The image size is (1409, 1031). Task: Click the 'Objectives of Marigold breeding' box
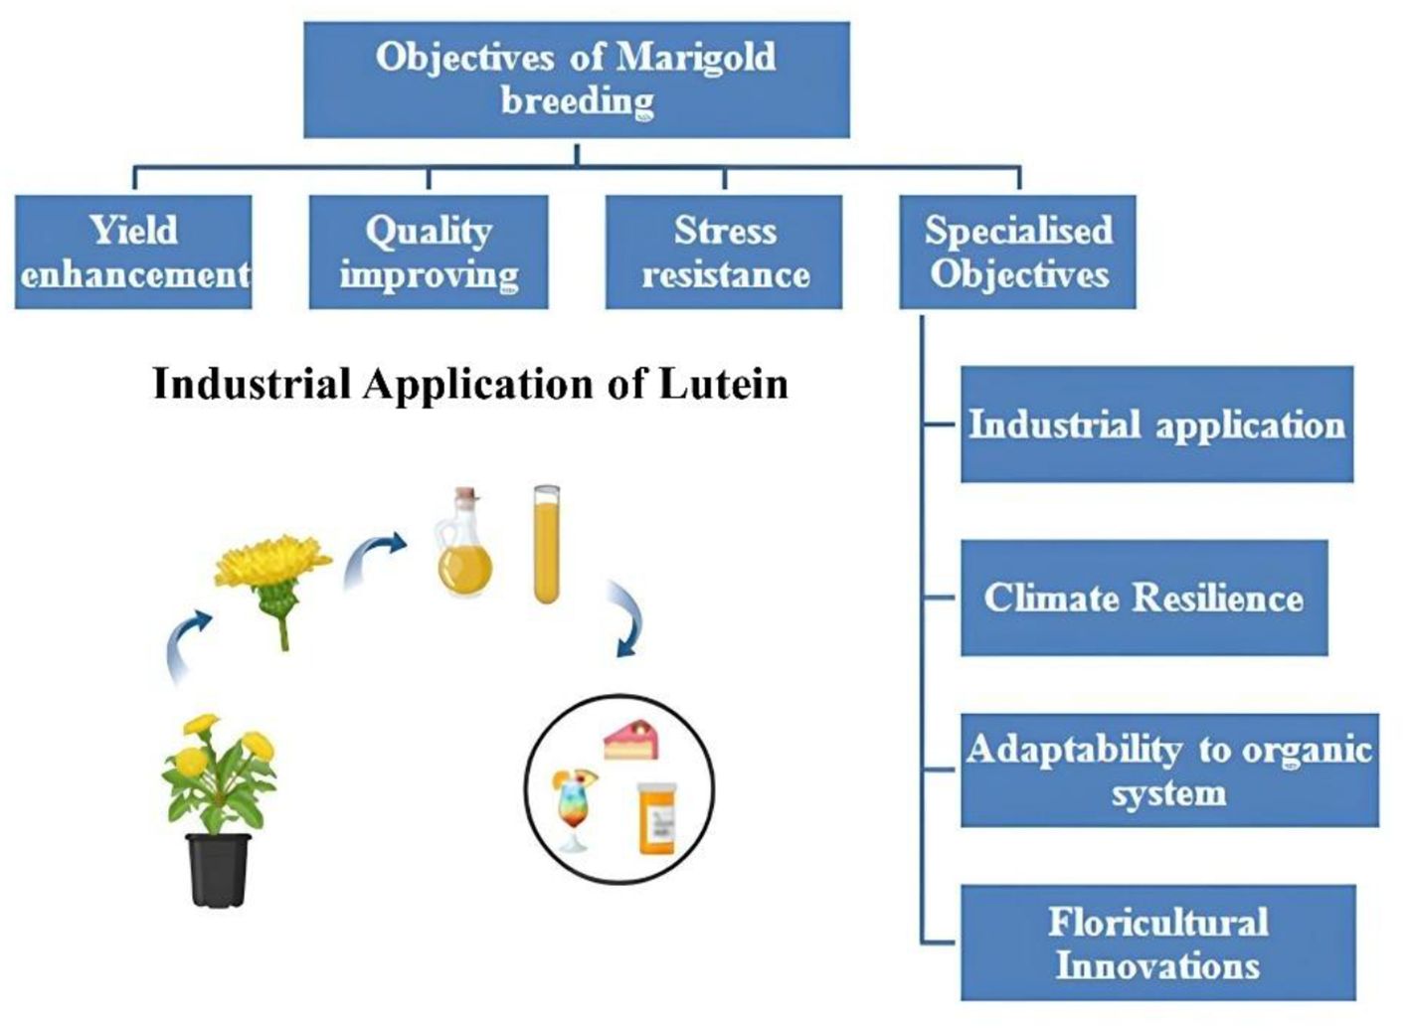pyautogui.click(x=576, y=80)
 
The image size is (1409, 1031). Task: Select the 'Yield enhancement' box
pyautogui.click(x=133, y=252)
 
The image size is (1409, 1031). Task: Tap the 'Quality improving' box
pyautogui.click(x=429, y=252)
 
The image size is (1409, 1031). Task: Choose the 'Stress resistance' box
pyautogui.click(x=724, y=252)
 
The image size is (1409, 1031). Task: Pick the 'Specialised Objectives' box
pyautogui.click(x=1017, y=252)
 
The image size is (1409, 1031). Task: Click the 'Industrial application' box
pyautogui.click(x=1156, y=425)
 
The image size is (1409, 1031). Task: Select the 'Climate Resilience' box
pyautogui.click(x=1144, y=598)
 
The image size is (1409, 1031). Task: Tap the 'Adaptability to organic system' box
pyautogui.click(x=1169, y=771)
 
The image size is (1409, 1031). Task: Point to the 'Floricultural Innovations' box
pyautogui.click(x=1157, y=943)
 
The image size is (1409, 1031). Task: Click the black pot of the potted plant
pyautogui.click(x=219, y=869)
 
